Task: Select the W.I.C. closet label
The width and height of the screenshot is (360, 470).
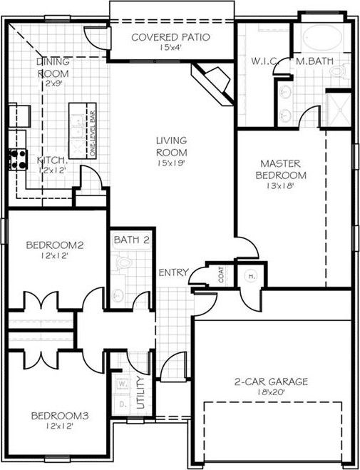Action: pos(264,61)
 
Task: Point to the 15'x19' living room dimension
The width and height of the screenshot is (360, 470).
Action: pos(172,163)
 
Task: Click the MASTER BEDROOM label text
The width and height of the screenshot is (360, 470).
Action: pos(283,169)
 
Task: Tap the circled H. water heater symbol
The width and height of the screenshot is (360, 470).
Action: pos(251,276)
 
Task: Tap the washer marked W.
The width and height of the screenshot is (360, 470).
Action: pos(122,384)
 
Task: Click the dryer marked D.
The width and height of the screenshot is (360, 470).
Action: pos(122,403)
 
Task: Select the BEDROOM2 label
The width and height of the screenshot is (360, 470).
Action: pos(55,246)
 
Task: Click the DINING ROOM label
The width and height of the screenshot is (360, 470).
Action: pos(53,67)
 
